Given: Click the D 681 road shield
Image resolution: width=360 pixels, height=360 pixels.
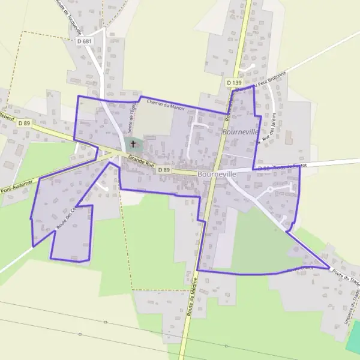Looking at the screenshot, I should (x=85, y=41).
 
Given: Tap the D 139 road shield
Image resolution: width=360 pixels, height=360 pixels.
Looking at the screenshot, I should (x=233, y=82).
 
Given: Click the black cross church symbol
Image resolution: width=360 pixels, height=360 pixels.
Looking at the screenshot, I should (x=133, y=144).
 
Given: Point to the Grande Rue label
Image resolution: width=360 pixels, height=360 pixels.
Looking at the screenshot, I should (x=141, y=162).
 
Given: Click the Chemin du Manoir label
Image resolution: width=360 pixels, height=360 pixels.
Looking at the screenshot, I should (x=165, y=104).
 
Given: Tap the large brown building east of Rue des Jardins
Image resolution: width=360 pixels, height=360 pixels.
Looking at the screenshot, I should (x=286, y=138).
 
